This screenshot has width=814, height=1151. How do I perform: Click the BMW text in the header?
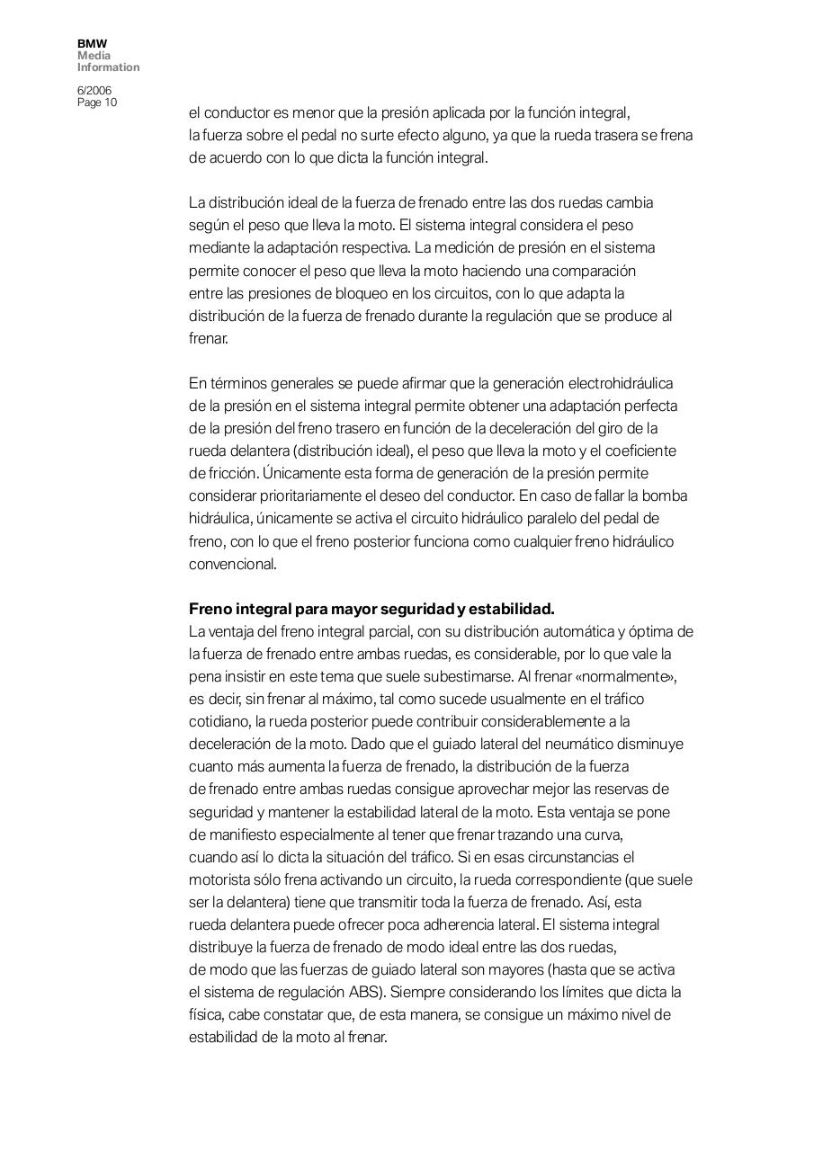pyautogui.click(x=92, y=43)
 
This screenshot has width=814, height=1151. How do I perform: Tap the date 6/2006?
pyautogui.click(x=94, y=91)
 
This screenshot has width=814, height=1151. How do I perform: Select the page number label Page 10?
pyautogui.click(x=97, y=103)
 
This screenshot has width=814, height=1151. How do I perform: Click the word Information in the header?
pyautogui.click(x=108, y=67)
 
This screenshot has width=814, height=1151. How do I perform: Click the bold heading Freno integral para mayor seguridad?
pyautogui.click(x=371, y=609)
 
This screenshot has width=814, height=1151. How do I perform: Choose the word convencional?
pyautogui.click(x=232, y=564)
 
